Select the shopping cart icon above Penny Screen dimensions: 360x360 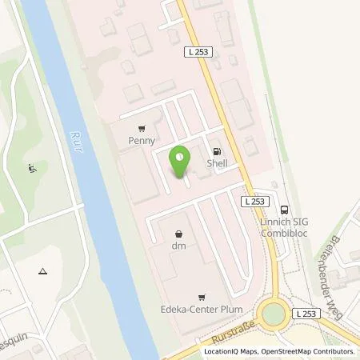coord(141,128)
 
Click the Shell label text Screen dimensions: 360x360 coord(216,163)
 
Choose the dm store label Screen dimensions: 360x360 coord(178,246)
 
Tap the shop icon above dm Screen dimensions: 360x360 coord(178,234)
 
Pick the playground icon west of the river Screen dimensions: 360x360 coord(31,168)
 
